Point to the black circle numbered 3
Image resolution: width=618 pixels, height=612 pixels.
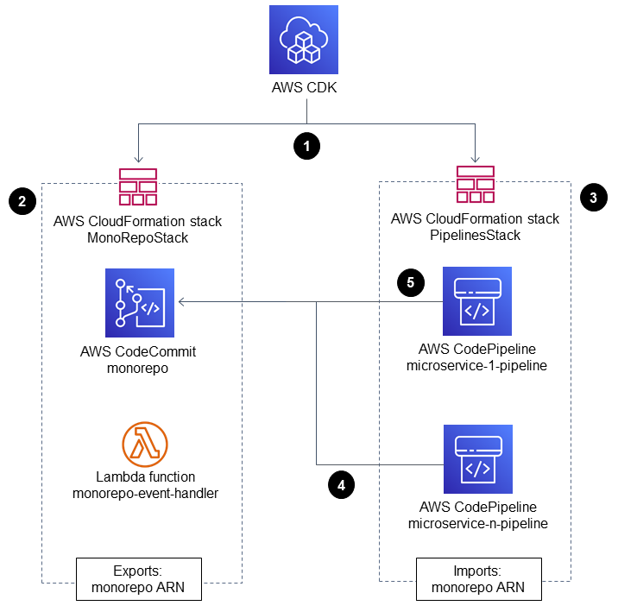[x=595, y=198]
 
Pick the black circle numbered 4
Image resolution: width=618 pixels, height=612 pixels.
[x=342, y=486]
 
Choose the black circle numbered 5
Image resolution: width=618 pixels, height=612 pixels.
[x=410, y=282]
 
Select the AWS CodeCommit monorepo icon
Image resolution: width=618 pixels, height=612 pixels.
[x=139, y=302]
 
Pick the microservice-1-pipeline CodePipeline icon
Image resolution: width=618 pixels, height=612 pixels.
[x=476, y=301]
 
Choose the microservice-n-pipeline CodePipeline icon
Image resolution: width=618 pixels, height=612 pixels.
[x=476, y=458]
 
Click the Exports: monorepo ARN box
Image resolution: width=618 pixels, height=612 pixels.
[x=137, y=578]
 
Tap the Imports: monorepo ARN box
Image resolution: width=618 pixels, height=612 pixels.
[x=480, y=579]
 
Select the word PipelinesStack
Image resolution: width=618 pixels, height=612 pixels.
[x=475, y=234]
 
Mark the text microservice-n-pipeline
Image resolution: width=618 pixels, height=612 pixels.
[x=476, y=522]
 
